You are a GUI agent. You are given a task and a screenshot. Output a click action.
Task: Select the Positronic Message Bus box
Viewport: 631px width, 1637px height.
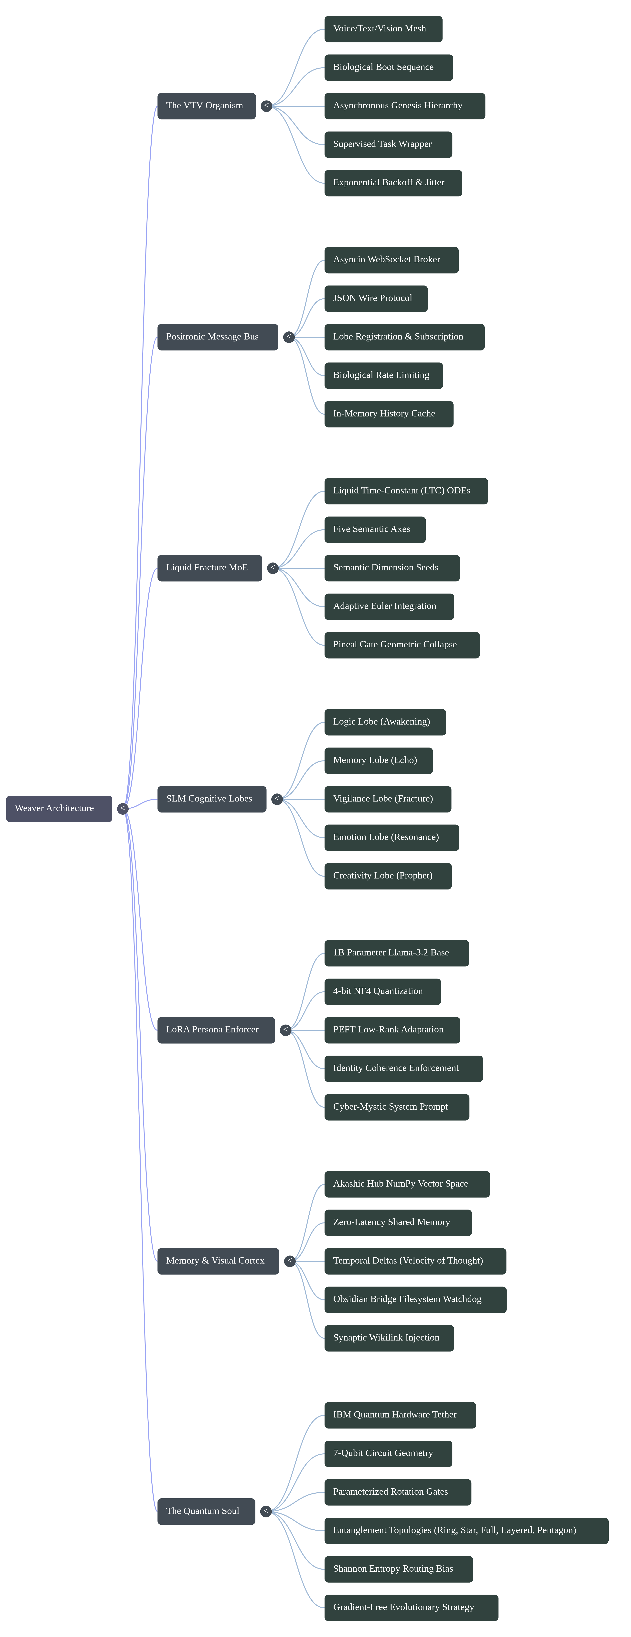tap(217, 337)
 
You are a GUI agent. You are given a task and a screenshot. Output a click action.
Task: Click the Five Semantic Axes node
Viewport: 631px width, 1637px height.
tap(374, 529)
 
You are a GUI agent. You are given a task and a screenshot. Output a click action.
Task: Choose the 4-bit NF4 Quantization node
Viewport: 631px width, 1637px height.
tap(382, 991)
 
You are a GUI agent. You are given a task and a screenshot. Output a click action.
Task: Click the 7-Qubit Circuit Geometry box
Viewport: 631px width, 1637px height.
tap(388, 1453)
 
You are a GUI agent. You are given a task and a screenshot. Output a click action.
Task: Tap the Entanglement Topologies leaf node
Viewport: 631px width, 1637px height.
tap(466, 1530)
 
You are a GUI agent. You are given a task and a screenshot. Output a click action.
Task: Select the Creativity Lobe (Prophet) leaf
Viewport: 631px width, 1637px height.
tap(388, 876)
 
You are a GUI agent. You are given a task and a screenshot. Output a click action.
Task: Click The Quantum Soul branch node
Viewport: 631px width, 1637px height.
tap(206, 1511)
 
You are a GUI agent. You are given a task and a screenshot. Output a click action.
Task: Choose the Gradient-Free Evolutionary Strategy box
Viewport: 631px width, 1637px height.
tap(411, 1607)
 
